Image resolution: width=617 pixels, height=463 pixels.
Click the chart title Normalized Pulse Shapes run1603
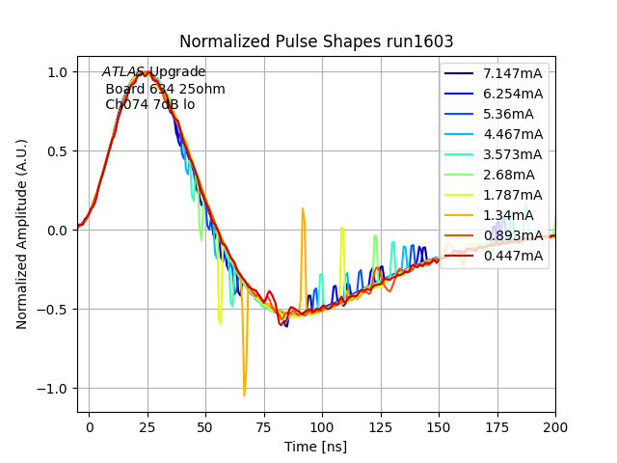(316, 41)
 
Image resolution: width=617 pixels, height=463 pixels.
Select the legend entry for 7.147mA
(513, 73)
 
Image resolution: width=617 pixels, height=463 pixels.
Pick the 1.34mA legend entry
(506, 215)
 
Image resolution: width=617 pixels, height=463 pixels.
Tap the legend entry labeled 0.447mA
(513, 256)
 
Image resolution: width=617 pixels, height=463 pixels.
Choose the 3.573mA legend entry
(513, 154)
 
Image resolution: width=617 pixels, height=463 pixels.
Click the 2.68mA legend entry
(506, 175)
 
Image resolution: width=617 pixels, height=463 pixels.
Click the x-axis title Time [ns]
(315, 447)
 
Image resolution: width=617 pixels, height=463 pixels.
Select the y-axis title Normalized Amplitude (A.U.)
(22, 233)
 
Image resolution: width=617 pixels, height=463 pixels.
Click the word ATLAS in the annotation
(123, 72)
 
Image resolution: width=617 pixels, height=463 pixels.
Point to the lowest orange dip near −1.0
(244, 395)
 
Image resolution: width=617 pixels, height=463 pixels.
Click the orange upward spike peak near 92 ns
(302, 208)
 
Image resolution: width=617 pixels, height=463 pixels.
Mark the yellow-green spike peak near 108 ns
(342, 229)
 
